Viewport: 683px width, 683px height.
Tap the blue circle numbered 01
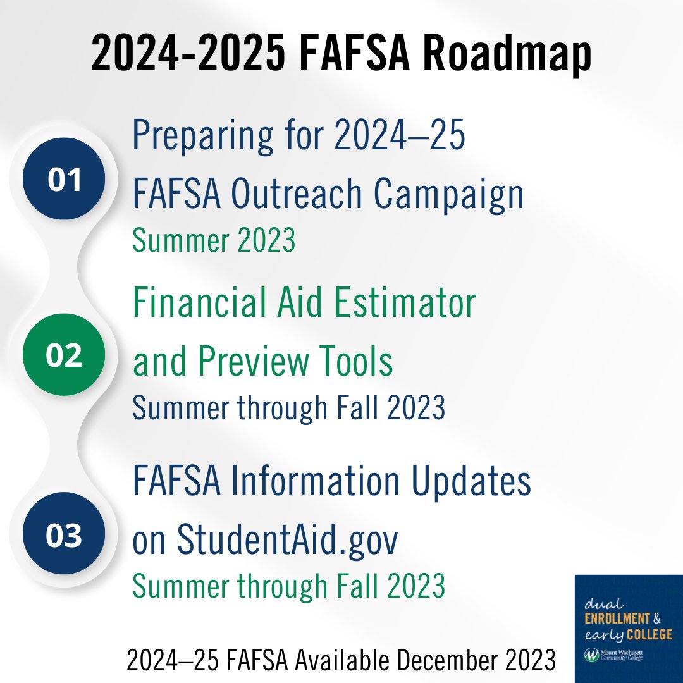tap(64, 179)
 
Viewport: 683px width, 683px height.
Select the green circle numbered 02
tap(64, 355)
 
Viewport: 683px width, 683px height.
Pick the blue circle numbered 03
tap(64, 534)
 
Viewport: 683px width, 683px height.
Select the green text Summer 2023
tap(214, 240)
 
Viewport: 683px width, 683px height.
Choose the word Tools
tap(359, 360)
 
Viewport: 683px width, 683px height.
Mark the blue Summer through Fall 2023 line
tap(288, 408)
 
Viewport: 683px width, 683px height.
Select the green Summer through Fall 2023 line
tap(288, 586)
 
